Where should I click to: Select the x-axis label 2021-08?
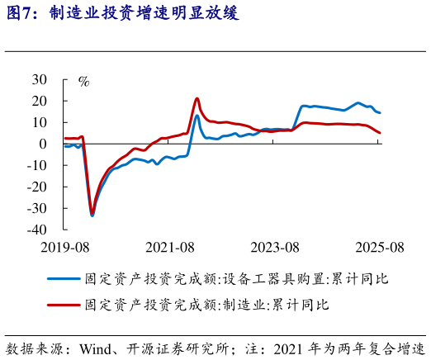point(169,247)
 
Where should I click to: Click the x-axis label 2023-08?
point(274,247)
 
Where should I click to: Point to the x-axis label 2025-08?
point(379,247)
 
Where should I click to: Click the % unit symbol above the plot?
point(83,81)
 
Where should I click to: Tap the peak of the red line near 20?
point(197,98)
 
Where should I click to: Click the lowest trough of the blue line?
point(92,216)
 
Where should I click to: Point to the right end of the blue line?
point(380,112)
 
